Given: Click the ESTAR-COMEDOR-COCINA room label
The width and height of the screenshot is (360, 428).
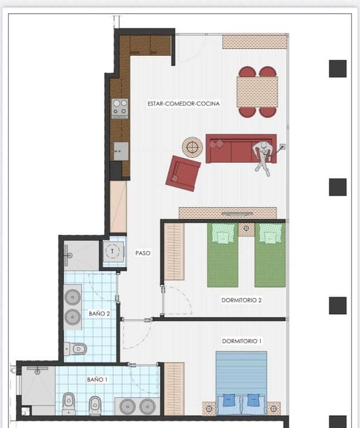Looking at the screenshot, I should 183,104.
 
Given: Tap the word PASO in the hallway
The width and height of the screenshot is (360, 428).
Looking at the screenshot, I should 143,253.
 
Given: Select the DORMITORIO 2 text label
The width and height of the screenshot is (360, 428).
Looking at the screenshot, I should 241,300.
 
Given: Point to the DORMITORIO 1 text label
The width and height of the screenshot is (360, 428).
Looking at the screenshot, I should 241,341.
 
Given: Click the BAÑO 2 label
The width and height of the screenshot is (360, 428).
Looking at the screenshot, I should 99,314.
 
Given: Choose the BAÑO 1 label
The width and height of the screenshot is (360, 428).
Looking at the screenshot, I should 97,379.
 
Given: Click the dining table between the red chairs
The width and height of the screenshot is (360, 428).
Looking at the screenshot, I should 257,91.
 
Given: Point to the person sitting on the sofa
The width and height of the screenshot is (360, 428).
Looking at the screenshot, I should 262,155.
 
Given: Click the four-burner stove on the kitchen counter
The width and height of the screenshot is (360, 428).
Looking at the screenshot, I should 120,108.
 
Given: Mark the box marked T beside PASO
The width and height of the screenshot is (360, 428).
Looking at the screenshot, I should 113,251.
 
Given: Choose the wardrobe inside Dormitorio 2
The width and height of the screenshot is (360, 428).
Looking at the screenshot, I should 174,251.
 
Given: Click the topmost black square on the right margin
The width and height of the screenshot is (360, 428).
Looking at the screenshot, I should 337,69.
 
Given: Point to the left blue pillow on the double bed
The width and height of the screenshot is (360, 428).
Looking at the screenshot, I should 228,400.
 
